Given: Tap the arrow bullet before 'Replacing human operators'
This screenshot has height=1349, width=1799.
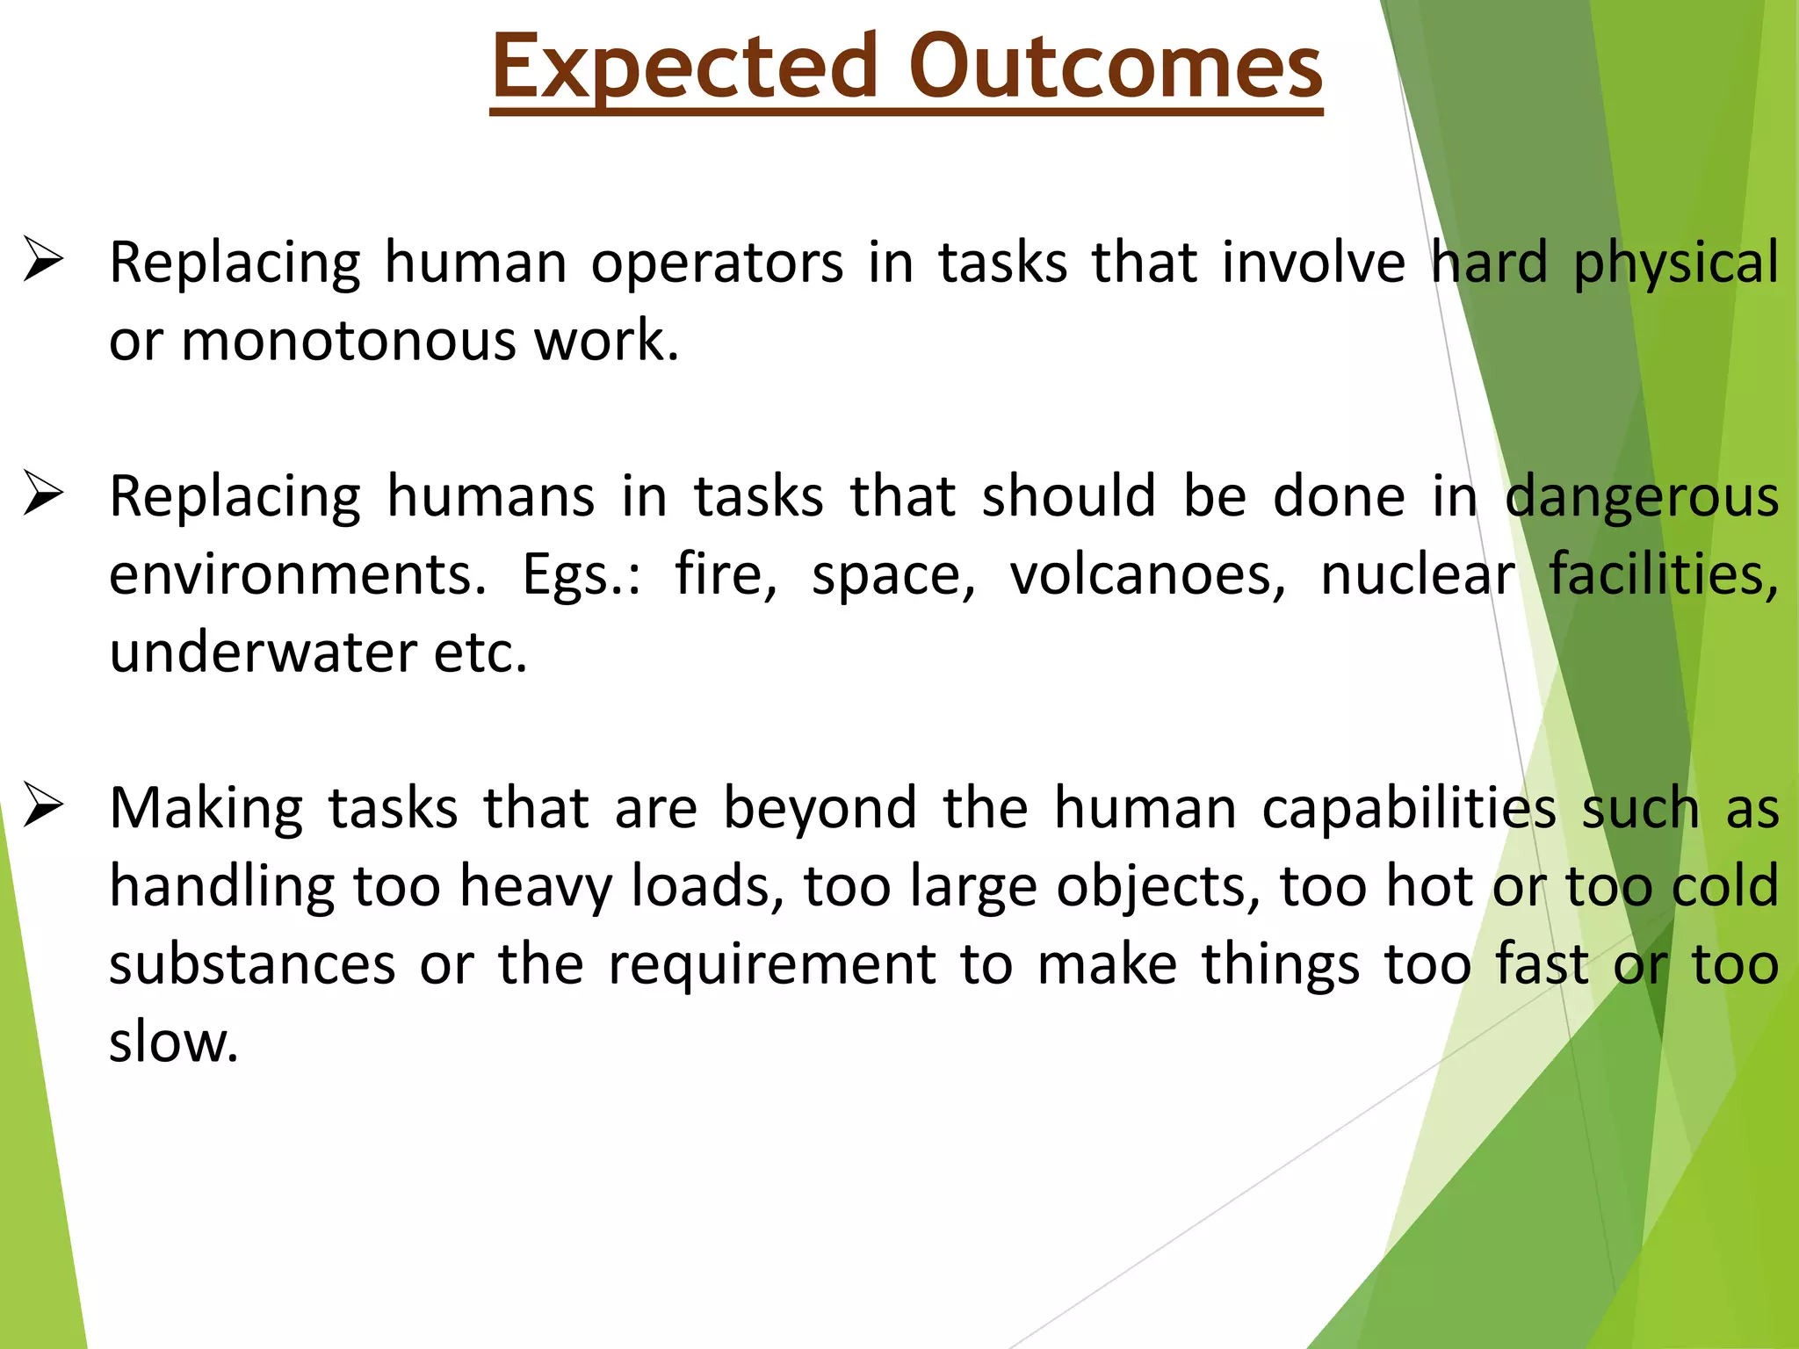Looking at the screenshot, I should coord(43,260).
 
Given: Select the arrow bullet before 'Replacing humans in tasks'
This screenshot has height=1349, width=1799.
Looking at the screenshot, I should coord(43,494).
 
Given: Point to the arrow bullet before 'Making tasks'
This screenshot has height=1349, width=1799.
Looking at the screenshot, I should coord(43,805).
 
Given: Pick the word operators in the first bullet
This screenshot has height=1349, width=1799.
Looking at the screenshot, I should coord(716,263).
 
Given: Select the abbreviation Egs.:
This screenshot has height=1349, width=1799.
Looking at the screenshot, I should coord(581,576).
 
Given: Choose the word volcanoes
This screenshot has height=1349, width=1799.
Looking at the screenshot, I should coord(1147,575).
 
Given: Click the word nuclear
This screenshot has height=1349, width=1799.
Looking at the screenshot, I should coord(1418,575).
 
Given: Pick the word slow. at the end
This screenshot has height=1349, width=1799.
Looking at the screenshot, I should coord(173,1042).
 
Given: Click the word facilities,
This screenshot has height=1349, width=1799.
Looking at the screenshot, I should coord(1663,575).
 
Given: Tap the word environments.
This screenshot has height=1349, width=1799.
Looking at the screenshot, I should coord(297,575).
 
